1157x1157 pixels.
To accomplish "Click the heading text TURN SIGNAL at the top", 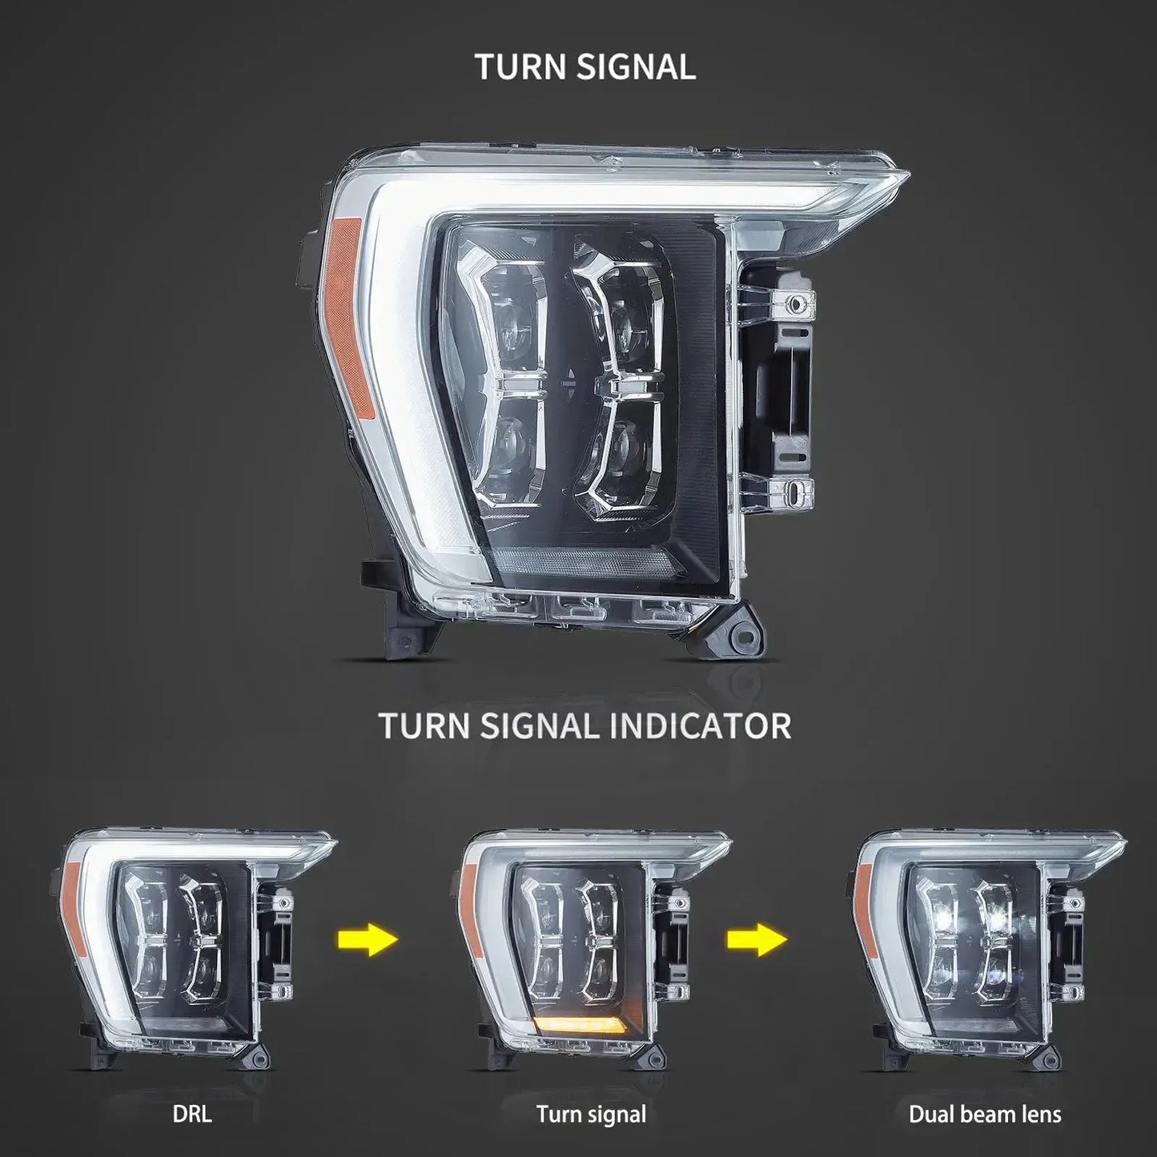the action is [585, 66].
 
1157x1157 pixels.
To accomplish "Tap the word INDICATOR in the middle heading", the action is [700, 725].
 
